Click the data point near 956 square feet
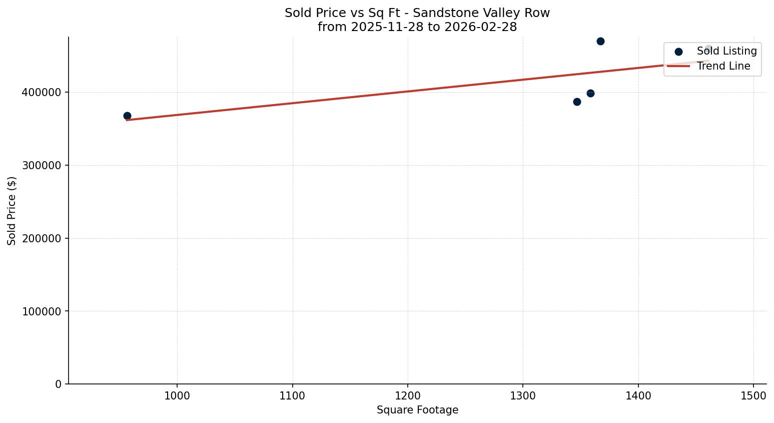[127, 116]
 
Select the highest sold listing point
[600, 41]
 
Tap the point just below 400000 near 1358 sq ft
[590, 93]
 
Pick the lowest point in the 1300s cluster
[577, 102]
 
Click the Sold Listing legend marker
[678, 52]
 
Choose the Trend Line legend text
[723, 66]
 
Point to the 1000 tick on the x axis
[177, 395]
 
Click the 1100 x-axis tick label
[292, 395]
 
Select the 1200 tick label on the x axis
[408, 395]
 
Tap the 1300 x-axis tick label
[523, 395]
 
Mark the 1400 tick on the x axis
[638, 395]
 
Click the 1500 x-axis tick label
[753, 395]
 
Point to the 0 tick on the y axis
[59, 384]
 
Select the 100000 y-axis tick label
[42, 311]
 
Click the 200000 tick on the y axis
[42, 238]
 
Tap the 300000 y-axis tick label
[42, 165]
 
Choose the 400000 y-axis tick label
[42, 93]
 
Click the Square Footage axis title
[417, 410]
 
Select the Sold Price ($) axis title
[12, 211]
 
